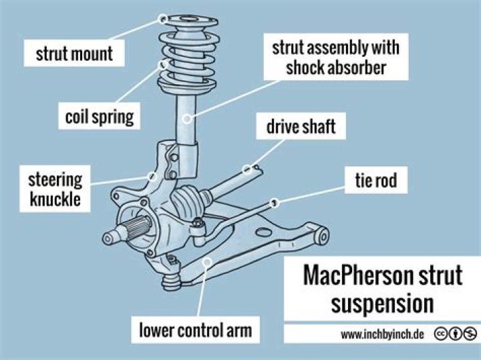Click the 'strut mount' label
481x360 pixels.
point(74,53)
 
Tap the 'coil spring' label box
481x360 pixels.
point(100,116)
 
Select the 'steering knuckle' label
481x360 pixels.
point(55,189)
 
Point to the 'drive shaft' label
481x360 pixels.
point(301,126)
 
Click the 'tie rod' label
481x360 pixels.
point(376,180)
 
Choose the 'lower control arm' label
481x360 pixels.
point(195,330)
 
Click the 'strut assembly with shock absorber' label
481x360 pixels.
point(336,57)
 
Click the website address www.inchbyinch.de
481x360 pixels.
point(382,334)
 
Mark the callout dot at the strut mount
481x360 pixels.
point(163,19)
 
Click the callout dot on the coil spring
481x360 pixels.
point(163,65)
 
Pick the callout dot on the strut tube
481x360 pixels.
point(187,118)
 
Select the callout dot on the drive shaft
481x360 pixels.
point(247,169)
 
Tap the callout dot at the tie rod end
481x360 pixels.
point(274,202)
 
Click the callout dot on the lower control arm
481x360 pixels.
point(208,262)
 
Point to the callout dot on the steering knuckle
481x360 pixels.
point(152,176)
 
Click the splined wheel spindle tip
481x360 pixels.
point(108,238)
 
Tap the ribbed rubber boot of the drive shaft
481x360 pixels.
point(187,202)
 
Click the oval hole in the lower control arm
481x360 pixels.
point(263,232)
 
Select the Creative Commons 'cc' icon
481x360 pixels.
point(440,334)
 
